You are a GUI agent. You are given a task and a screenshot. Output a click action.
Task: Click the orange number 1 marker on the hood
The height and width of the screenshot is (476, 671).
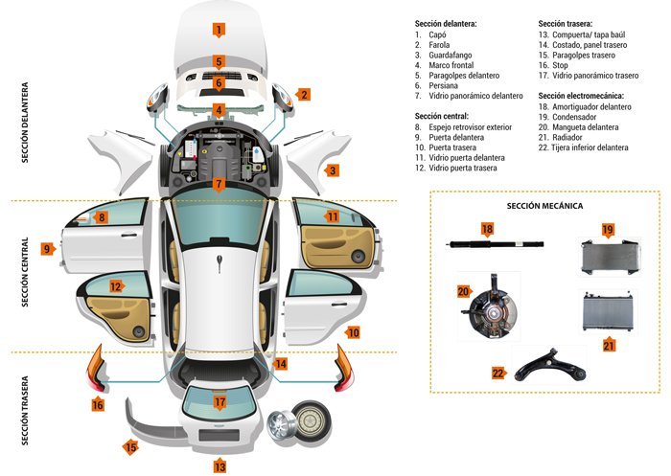[x=219, y=30]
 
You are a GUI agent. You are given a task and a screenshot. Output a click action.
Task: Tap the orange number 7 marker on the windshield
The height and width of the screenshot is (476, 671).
[x=219, y=185]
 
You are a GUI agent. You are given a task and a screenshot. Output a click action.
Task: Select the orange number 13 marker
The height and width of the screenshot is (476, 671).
[x=220, y=465]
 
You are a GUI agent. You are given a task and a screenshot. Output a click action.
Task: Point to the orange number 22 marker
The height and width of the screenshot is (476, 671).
[x=499, y=374]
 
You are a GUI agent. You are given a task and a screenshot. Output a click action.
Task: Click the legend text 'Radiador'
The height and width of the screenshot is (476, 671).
[x=567, y=137]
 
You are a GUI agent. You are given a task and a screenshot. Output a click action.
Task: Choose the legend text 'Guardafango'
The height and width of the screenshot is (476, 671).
[x=451, y=56]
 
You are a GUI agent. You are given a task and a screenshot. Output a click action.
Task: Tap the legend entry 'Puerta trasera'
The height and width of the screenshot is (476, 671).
[x=452, y=147]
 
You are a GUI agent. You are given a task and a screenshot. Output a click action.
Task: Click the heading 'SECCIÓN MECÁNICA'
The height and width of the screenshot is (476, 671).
[x=544, y=206]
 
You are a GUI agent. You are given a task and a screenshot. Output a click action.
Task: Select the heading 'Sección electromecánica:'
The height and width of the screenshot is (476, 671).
[x=581, y=96]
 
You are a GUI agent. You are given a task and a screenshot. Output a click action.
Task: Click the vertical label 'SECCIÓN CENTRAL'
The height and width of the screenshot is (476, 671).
[x=25, y=272]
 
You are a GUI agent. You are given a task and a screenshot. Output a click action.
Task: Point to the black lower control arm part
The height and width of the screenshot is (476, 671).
[x=550, y=366]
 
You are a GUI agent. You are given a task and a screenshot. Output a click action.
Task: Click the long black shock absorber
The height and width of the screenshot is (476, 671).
[x=497, y=244]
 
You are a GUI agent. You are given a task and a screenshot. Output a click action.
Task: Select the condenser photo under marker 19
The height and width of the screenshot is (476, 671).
[x=610, y=257]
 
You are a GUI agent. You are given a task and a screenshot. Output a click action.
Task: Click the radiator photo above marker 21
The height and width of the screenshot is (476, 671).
[x=608, y=312]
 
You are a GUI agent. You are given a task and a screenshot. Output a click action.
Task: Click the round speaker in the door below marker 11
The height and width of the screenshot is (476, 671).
[x=358, y=257]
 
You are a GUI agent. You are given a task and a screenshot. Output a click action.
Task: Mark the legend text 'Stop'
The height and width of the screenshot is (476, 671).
[x=560, y=65]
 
